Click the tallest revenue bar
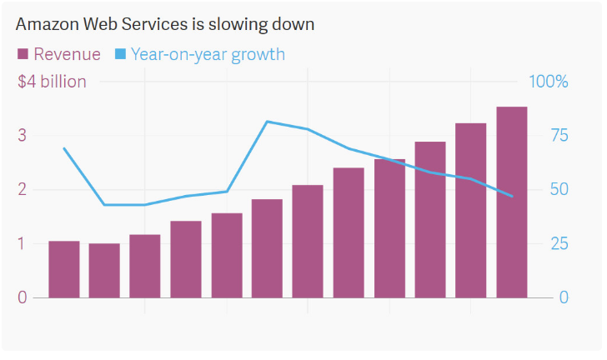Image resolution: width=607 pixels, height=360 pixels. [x=511, y=202]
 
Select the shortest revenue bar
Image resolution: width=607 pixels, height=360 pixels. [x=104, y=270]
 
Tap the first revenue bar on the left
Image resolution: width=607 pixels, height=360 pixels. [x=64, y=269]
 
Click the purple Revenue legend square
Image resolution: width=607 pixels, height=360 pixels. [x=23, y=54]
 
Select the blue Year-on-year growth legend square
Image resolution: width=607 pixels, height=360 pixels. [x=120, y=54]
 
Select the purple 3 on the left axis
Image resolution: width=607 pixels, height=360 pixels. [x=22, y=135]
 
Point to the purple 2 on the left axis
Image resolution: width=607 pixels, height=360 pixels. [x=22, y=189]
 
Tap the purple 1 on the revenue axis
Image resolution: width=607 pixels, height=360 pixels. [x=22, y=243]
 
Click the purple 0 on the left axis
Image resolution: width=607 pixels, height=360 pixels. [x=22, y=297]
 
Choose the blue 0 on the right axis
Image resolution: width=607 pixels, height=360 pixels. [x=564, y=297]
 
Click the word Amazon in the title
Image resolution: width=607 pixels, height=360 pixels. [x=45, y=24]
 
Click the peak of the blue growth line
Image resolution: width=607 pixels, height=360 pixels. [x=267, y=122]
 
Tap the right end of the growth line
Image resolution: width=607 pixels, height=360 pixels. [x=511, y=196]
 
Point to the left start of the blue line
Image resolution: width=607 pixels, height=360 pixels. [x=64, y=148]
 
